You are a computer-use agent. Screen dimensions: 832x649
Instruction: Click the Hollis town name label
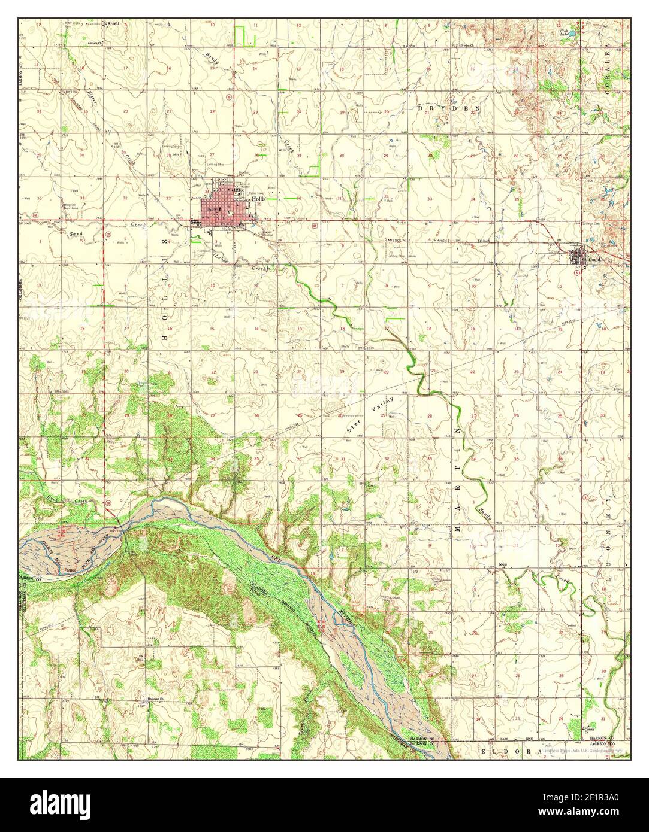pos(259,198)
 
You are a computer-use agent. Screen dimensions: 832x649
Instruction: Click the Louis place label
pos(503,564)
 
